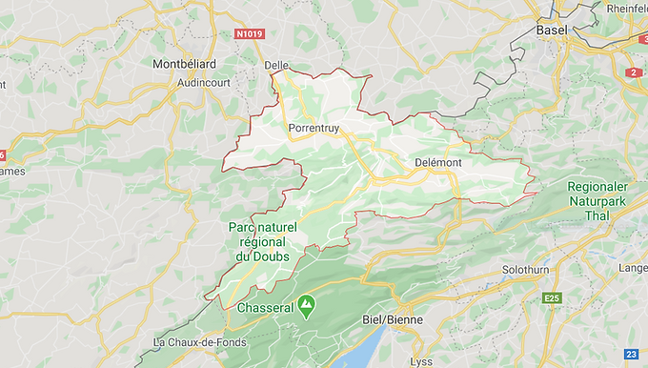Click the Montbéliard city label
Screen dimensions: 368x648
pos(184,64)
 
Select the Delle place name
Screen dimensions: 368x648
pos(276,65)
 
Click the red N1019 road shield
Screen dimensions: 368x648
pos(249,34)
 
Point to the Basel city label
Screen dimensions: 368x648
pos(552,31)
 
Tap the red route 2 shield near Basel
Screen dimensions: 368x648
pos(635,72)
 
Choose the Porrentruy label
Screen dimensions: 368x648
pos(313,124)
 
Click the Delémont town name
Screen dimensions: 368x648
pos(438,163)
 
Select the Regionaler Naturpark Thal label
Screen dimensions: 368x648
pos(597,201)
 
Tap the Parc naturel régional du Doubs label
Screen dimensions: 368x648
pos(263,241)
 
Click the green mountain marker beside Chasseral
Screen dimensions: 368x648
pos(306,306)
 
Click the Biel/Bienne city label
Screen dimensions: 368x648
pos(393,319)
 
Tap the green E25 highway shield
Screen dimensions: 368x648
pos(551,298)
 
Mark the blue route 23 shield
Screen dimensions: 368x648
pos(631,354)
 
